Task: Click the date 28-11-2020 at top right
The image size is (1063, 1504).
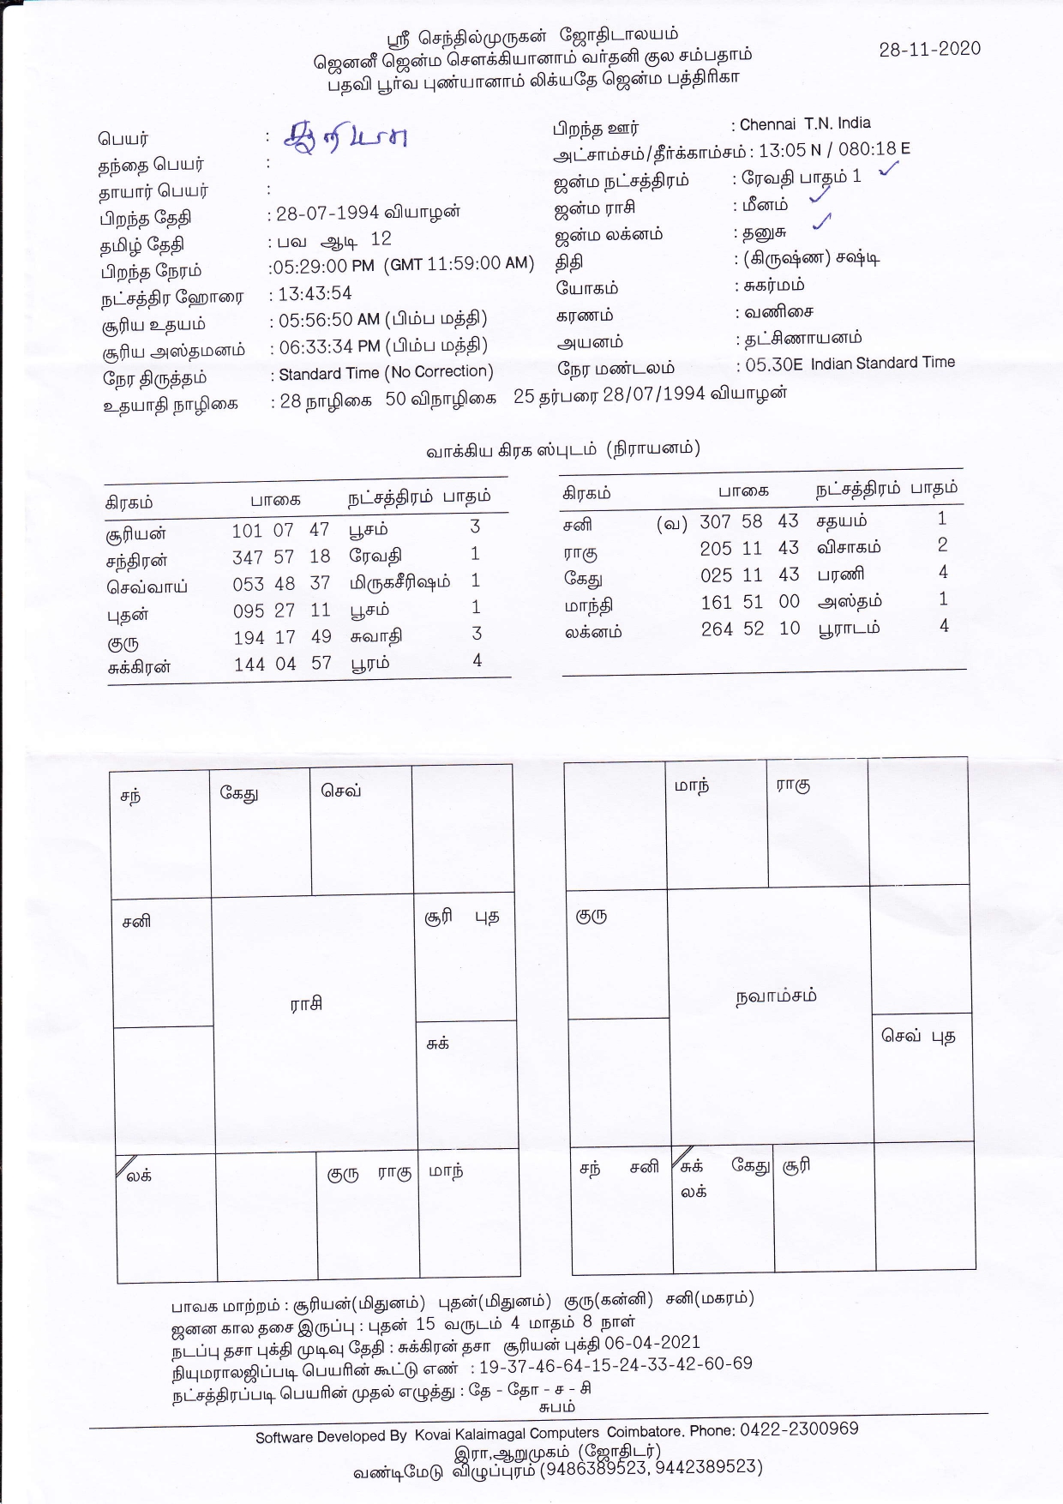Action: [x=929, y=49]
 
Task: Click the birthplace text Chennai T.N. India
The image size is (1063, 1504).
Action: [x=805, y=124]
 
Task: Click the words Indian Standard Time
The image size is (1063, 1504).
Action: [x=882, y=363]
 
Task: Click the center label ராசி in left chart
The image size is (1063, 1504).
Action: [x=306, y=1004]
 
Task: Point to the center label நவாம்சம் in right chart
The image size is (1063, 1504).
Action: [x=776, y=996]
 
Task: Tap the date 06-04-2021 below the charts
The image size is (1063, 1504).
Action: [x=652, y=1343]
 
